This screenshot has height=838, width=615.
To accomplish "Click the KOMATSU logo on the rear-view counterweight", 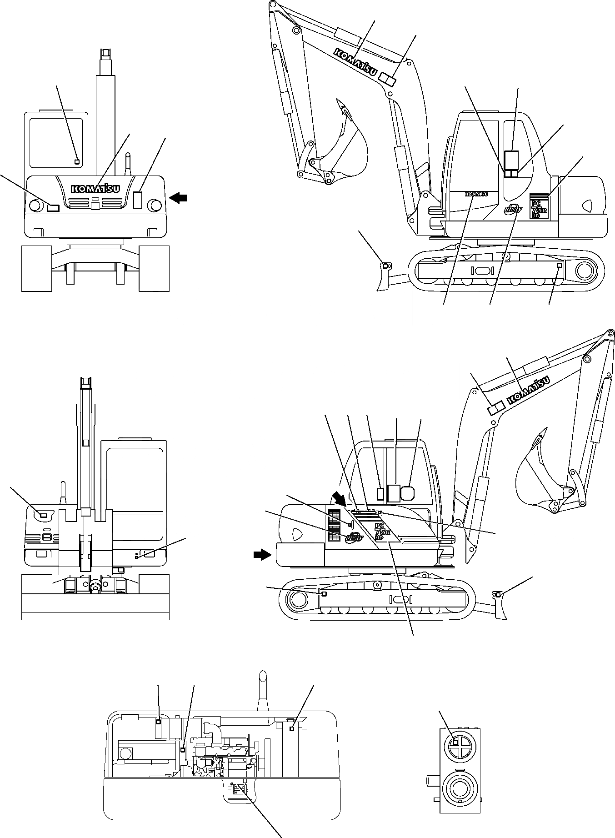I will [x=95, y=188].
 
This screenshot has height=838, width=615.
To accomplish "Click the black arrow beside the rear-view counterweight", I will [x=178, y=197].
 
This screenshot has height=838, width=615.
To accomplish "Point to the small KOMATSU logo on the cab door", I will [x=476, y=194].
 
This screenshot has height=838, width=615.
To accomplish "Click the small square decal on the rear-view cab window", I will [x=77, y=161].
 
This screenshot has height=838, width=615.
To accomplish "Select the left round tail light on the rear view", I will [x=35, y=206].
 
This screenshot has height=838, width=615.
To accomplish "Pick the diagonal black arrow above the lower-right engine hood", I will [x=339, y=497].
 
